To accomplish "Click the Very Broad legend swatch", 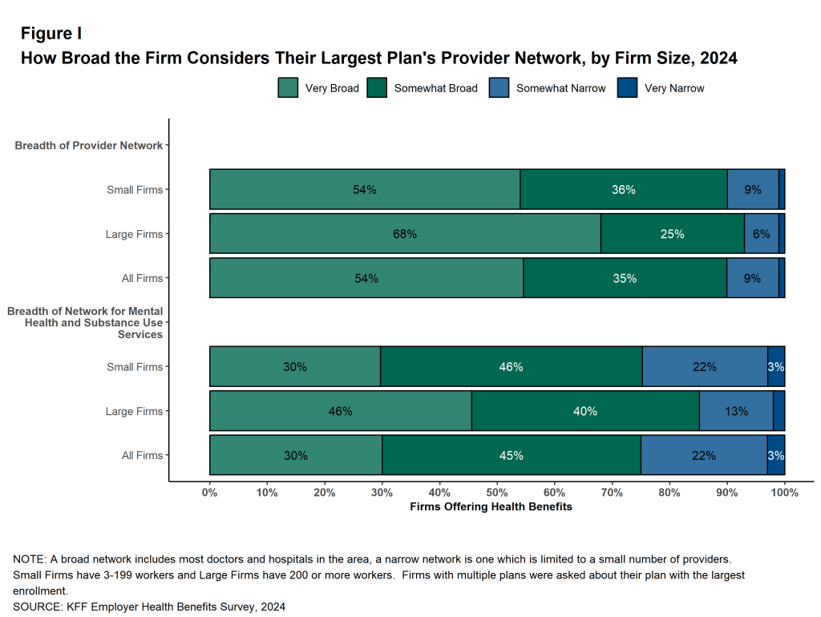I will [288, 88].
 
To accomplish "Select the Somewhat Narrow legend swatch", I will [499, 88].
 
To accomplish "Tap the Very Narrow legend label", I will [674, 88].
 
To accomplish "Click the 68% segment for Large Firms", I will [405, 234].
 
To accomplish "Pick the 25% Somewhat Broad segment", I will [672, 234].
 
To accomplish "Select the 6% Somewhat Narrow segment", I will [761, 234].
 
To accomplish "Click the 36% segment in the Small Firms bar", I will [623, 190].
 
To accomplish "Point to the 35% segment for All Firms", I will [625, 278].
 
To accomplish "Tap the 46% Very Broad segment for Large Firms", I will [340, 411].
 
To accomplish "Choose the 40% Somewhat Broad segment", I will [584, 411].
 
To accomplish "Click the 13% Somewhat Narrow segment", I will [736, 411].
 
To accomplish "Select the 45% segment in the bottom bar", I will [511, 455].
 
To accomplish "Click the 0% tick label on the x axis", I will [210, 493].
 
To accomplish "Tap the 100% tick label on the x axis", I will [784, 493].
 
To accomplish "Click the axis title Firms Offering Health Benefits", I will [491, 507].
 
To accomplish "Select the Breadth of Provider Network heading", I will [88, 146].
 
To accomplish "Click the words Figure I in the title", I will [51, 34].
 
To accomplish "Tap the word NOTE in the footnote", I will [29, 559].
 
